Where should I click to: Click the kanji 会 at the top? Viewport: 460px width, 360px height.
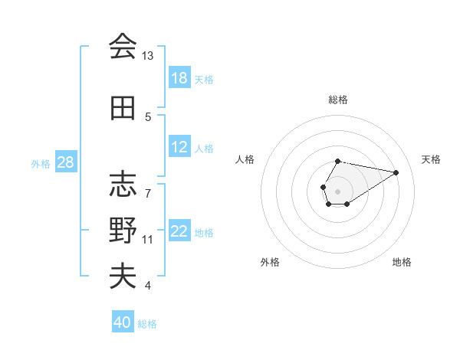pyautogui.click(x=122, y=47)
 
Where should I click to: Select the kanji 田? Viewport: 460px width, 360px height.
pyautogui.click(x=122, y=108)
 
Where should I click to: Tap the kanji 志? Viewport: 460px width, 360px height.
pyautogui.click(x=122, y=184)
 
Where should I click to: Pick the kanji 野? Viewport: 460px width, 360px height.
pyautogui.click(x=122, y=230)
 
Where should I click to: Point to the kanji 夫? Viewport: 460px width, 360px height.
pyautogui.click(x=122, y=276)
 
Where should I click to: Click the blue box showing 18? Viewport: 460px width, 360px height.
pyautogui.click(x=179, y=78)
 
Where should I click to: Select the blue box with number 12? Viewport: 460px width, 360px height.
pyautogui.click(x=179, y=148)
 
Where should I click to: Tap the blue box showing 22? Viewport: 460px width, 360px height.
pyautogui.click(x=179, y=231)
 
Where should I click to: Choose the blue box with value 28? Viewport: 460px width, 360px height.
pyautogui.click(x=66, y=162)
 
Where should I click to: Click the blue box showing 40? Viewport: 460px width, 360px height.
pyautogui.click(x=123, y=322)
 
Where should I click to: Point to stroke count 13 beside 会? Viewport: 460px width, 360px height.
pyautogui.click(x=147, y=56)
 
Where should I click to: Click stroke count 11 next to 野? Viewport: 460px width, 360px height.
pyautogui.click(x=148, y=240)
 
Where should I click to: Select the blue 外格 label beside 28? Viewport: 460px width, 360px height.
pyautogui.click(x=41, y=163)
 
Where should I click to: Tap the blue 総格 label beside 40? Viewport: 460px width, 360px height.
pyautogui.click(x=147, y=323)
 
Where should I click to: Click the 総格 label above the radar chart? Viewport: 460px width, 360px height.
pyautogui.click(x=337, y=100)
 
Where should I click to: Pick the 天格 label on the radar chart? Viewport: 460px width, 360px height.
pyautogui.click(x=431, y=159)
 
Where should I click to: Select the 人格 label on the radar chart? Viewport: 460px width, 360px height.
pyautogui.click(x=245, y=159)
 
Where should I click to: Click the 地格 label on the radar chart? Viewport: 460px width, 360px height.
pyautogui.click(x=402, y=262)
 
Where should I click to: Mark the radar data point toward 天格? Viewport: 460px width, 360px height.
pyautogui.click(x=396, y=172)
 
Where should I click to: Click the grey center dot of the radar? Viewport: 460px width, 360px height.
pyautogui.click(x=337, y=190)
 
